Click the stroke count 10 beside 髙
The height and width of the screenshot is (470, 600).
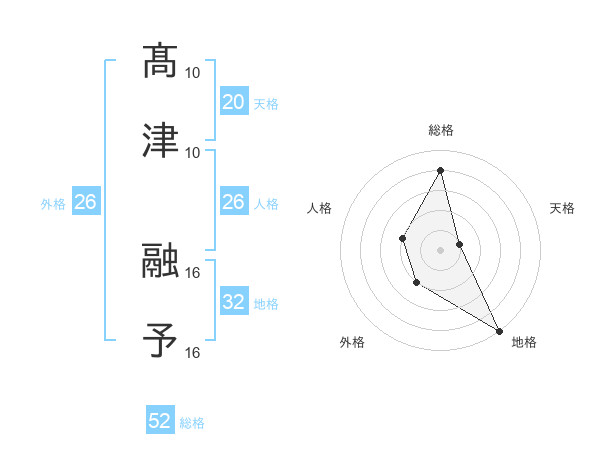[193, 73]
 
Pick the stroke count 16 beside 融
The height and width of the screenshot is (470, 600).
[193, 272]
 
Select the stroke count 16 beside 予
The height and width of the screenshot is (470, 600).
[193, 352]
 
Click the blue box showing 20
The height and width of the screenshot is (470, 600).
[233, 102]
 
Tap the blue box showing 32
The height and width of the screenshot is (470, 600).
[233, 302]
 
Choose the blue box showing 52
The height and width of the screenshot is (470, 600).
[160, 422]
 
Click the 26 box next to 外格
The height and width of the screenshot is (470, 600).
[85, 202]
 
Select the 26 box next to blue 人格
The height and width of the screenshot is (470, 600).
[233, 202]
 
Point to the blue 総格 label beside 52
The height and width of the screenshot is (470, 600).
[192, 423]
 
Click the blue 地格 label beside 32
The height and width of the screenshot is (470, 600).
[266, 303]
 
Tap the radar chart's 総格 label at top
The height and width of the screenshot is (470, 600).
[441, 130]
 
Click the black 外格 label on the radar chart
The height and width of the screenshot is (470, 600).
[352, 342]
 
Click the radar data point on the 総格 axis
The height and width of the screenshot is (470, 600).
[441, 170]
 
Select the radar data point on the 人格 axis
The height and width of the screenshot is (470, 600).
[402, 238]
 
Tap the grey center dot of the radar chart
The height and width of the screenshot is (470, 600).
[441, 248]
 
